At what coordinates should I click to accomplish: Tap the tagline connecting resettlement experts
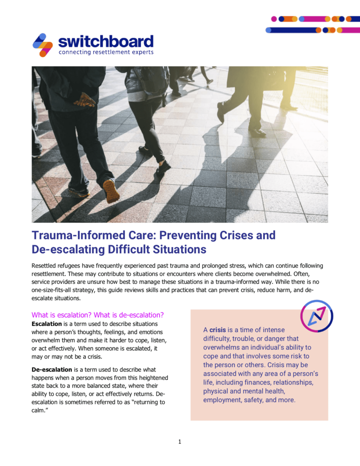106,52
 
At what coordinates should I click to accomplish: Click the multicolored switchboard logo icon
43,45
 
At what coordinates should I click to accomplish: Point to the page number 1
180,441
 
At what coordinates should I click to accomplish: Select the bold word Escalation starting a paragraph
46,324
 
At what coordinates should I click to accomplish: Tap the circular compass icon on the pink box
317,316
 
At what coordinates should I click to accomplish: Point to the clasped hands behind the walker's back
85,99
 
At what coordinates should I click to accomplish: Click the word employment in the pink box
223,400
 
